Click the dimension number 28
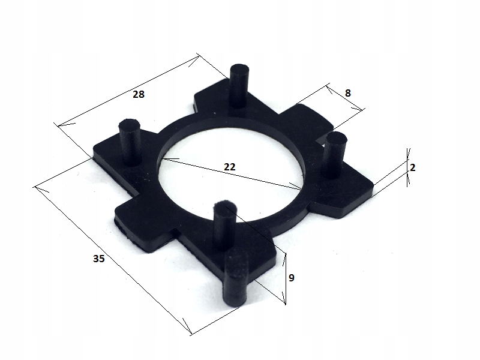click(x=139, y=94)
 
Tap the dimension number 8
click(x=348, y=93)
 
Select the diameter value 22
click(x=230, y=167)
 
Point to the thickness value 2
click(x=412, y=167)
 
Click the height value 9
click(x=292, y=278)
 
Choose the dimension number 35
click(x=98, y=259)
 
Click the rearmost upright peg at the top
click(x=239, y=86)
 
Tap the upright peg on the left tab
click(x=130, y=142)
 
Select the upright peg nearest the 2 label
click(x=335, y=155)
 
